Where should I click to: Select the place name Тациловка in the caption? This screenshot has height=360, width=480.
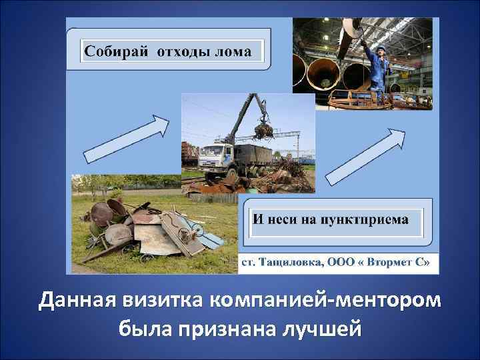(x=287, y=263)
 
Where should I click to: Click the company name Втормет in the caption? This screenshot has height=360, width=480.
(x=391, y=263)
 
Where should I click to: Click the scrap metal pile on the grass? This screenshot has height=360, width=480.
(x=143, y=227)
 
